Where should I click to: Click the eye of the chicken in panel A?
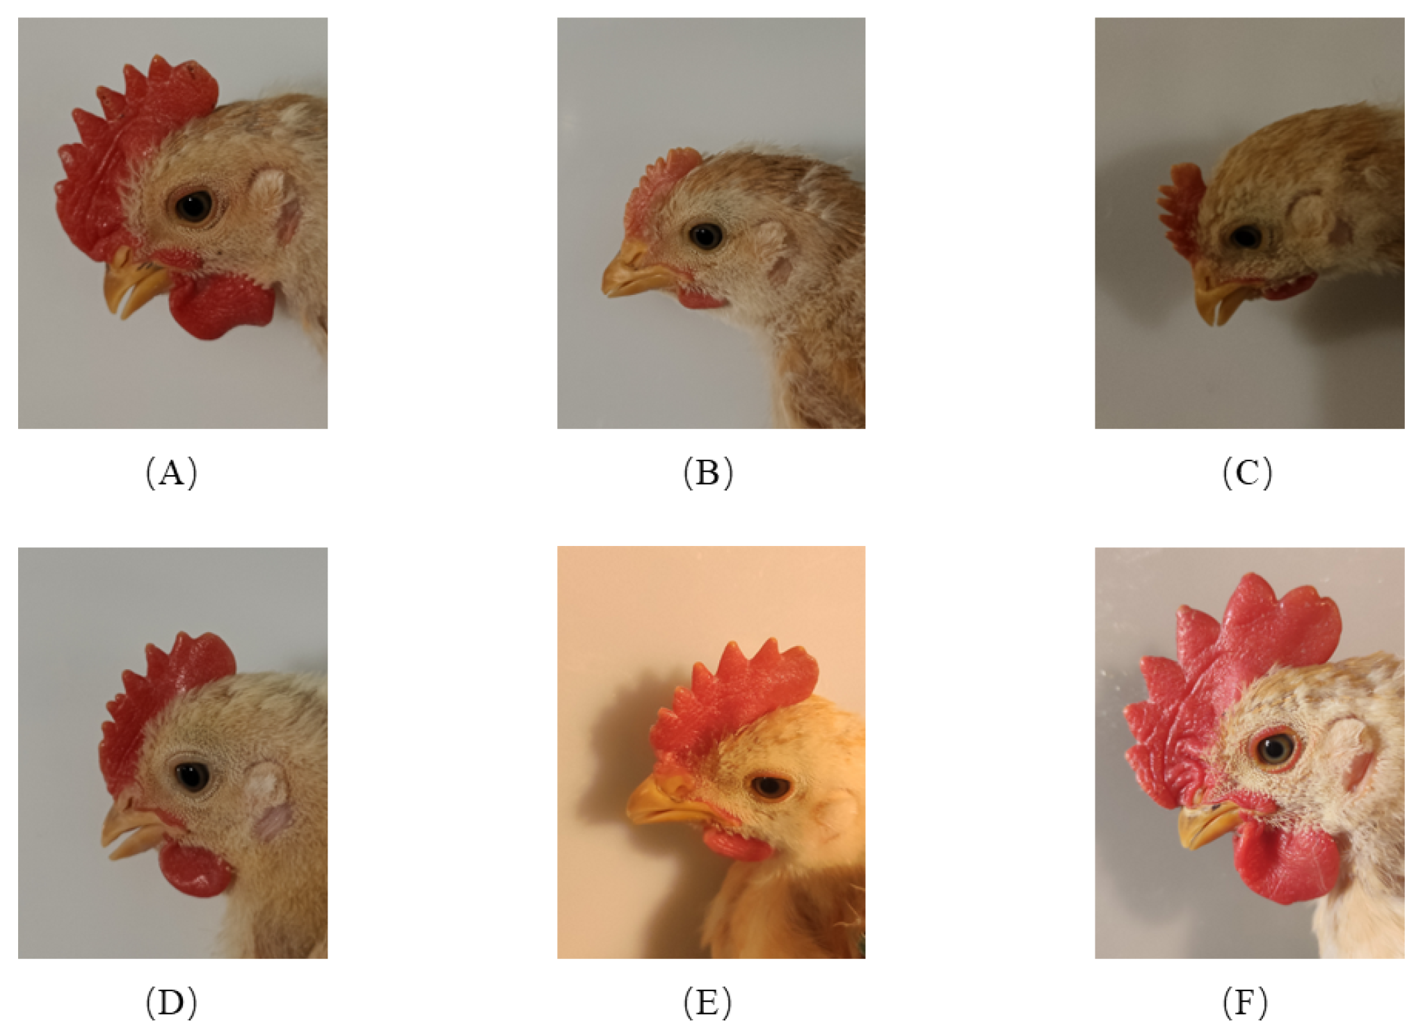click(193, 206)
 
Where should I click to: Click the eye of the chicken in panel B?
click(705, 236)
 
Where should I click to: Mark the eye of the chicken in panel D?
click(192, 775)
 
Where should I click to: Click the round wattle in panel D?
click(195, 869)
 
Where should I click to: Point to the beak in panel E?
click(661, 807)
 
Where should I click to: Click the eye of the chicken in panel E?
click(771, 787)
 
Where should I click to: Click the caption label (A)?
click(171, 474)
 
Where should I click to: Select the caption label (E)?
click(708, 1002)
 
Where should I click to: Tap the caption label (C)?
click(1247, 474)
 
